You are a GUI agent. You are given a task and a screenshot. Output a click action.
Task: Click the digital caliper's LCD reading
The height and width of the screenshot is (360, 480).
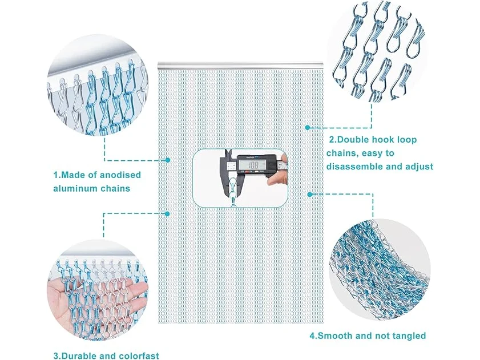(x=252, y=165)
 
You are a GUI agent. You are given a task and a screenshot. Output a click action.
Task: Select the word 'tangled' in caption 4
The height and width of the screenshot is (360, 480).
(x=408, y=335)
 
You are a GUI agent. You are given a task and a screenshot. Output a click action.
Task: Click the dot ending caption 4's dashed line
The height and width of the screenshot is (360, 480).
(x=309, y=194)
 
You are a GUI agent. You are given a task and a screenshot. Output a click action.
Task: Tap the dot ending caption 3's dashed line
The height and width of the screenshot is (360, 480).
(x=167, y=213)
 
